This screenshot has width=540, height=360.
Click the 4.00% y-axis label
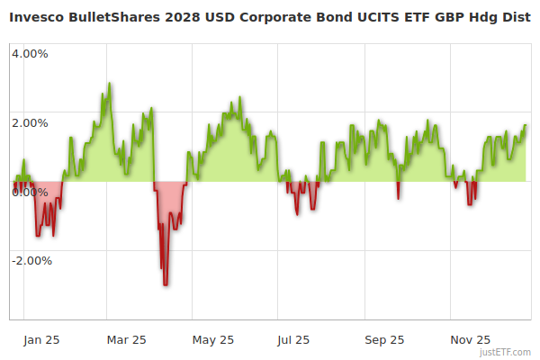30,53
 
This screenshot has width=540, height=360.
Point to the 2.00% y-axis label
30,122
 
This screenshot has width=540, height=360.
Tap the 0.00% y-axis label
30,192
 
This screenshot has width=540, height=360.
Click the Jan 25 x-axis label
42,339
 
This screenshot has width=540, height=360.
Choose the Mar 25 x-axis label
126,339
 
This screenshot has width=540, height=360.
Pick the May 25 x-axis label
213,339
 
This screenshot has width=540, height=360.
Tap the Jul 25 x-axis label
293,339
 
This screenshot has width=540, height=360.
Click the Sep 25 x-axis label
384,339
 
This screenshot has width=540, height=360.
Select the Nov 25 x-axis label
470,339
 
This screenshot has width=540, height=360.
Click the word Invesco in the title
39,16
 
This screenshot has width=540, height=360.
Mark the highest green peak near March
110,84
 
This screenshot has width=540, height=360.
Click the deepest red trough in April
166,284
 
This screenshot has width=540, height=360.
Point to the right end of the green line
526,126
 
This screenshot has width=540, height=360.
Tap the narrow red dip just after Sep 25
398,197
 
